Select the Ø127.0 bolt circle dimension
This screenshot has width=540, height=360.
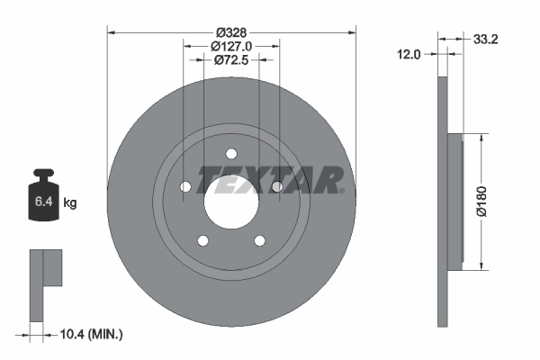[231, 45]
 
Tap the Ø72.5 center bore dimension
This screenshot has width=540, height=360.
[231, 60]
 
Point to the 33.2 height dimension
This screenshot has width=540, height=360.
[487, 38]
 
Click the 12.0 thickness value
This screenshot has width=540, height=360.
[409, 54]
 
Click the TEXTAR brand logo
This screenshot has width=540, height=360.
[270, 181]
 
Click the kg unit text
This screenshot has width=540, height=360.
[70, 203]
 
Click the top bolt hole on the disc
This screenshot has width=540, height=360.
[231, 153]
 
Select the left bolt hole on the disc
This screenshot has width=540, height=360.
[184, 187]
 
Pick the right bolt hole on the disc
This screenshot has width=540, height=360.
[277, 187]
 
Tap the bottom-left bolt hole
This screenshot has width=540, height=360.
[202, 240]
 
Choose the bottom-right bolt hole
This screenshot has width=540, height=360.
[260, 240]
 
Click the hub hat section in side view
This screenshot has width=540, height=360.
[454, 202]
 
